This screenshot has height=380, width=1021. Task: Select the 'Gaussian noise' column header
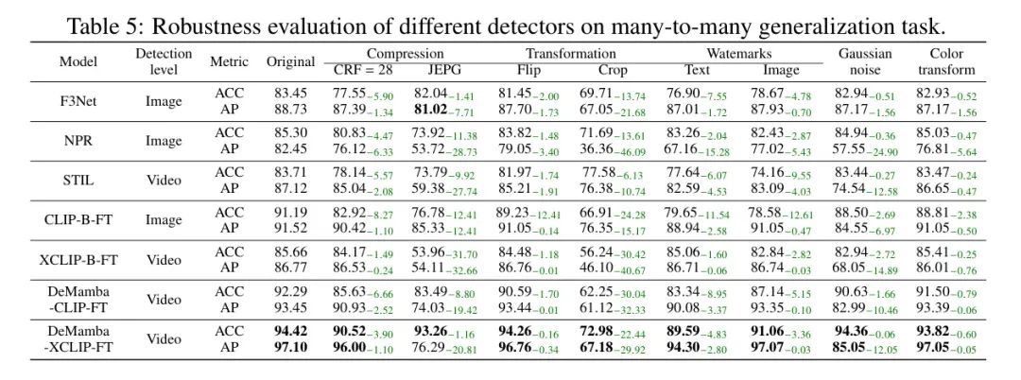[x=864, y=61]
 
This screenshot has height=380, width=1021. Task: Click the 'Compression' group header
[x=406, y=54]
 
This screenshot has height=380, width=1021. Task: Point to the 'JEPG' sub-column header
[x=442, y=69]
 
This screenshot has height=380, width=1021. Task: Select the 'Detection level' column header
[x=164, y=61]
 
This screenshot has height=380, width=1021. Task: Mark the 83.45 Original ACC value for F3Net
[x=289, y=94]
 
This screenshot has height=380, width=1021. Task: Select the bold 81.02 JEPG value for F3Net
[x=434, y=111]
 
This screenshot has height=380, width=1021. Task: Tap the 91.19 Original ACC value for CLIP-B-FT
[x=289, y=213]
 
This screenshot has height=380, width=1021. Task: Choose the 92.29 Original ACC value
[x=289, y=292]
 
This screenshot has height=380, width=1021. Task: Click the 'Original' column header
[x=290, y=61]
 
